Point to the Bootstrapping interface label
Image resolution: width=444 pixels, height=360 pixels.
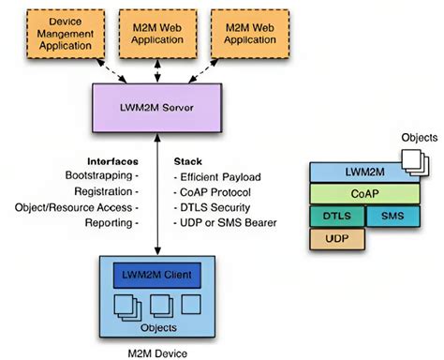100,175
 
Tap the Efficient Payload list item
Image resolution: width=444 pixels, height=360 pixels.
221,175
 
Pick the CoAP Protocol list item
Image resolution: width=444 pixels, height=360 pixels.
215,191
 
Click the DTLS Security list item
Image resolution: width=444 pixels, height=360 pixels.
215,207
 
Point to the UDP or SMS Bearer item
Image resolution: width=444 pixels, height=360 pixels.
224,223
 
